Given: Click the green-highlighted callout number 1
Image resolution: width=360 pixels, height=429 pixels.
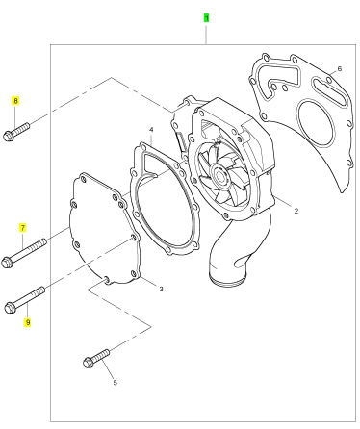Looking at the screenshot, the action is pos(206,18).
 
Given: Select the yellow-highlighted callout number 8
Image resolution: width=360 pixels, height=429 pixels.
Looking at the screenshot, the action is pos(15,101).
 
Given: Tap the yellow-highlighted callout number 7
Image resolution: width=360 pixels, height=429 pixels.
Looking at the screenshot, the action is pos(22,228).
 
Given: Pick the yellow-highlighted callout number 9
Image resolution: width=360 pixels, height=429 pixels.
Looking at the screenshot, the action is pos(28,322).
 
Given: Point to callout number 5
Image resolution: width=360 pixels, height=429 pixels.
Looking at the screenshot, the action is pos(115,383).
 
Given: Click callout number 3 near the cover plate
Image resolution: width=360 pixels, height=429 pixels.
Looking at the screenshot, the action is pos(162,289).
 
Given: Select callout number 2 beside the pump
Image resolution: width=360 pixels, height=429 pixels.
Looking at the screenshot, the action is pos(296,211).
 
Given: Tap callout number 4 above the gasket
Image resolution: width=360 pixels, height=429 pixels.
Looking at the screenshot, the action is pos(151,130).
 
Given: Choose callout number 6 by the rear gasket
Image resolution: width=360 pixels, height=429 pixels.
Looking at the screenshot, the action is pos(340,68).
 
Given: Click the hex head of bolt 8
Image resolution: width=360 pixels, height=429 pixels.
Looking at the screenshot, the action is pos(9,136).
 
